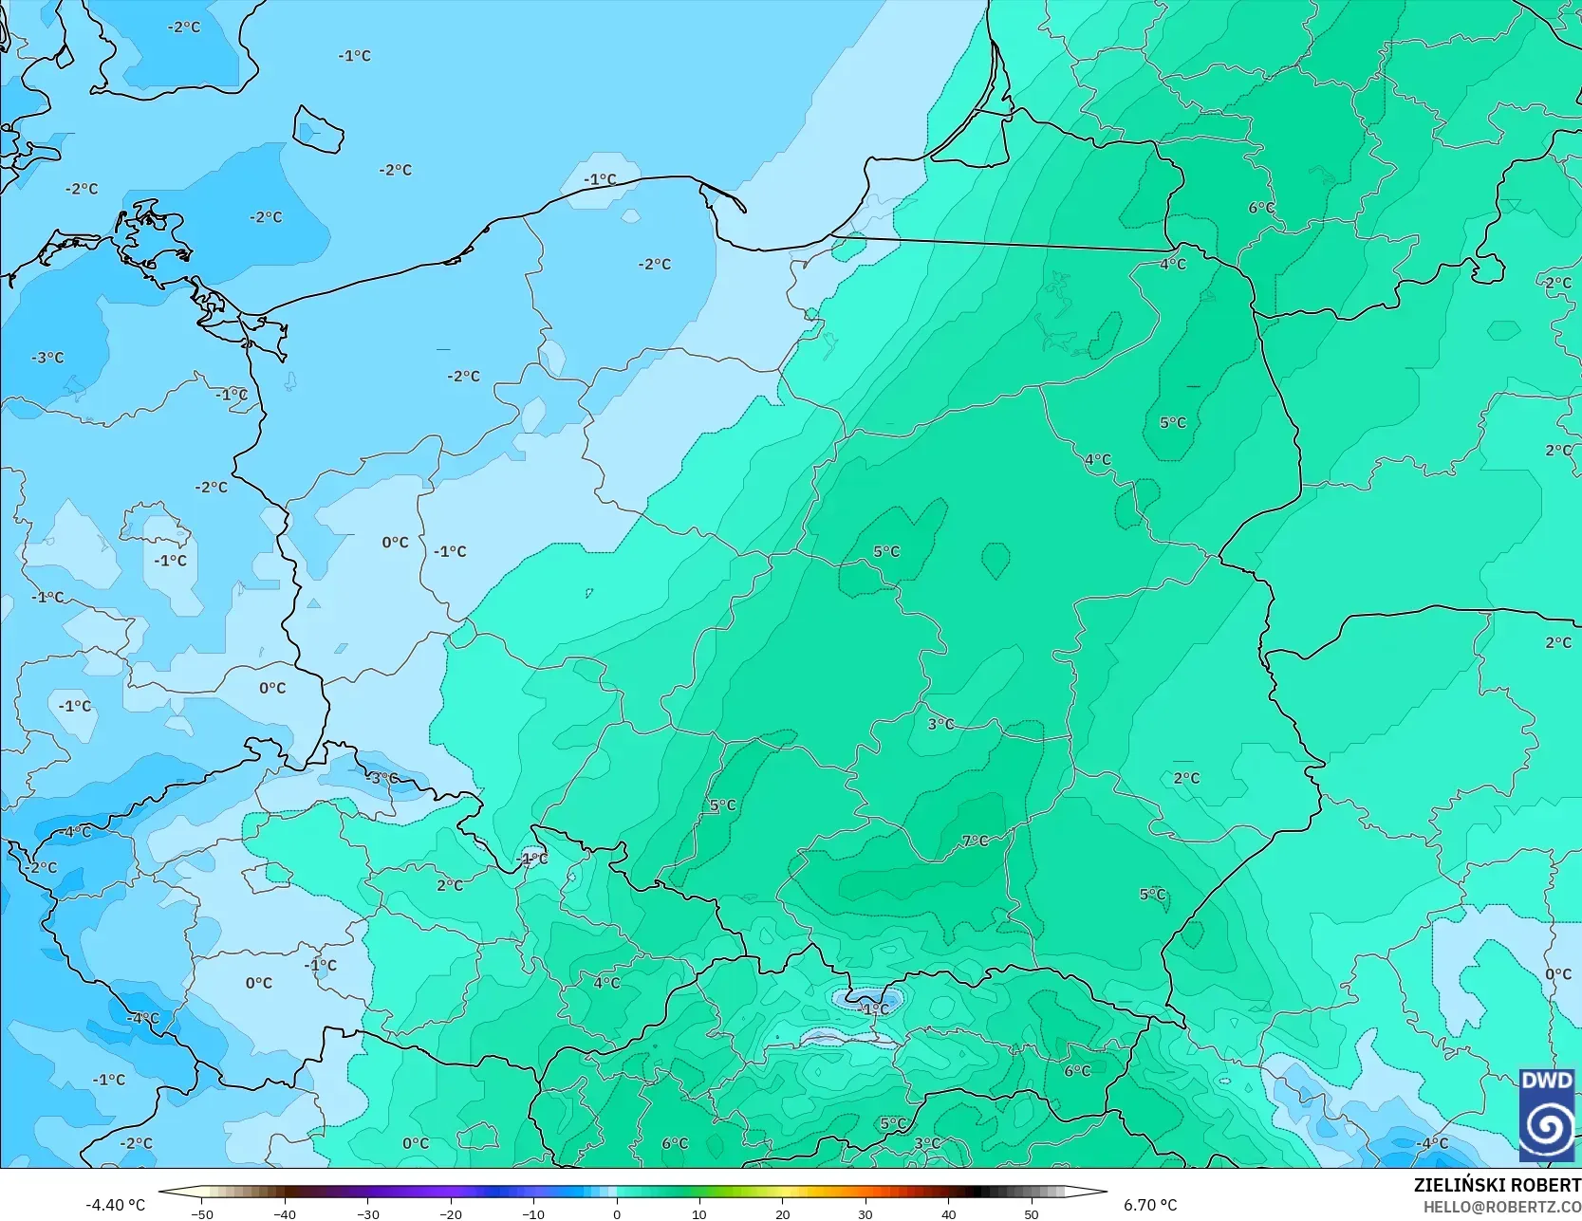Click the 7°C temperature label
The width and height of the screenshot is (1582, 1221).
coord(975,841)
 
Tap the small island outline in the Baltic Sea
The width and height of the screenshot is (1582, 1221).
coord(316,129)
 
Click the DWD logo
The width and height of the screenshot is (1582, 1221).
coord(1547,1114)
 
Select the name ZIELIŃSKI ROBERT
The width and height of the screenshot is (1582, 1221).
coord(1497,1185)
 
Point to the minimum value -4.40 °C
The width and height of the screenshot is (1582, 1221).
coord(115,1205)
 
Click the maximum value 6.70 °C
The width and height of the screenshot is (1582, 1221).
coord(1150,1205)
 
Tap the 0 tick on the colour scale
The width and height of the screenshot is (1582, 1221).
coord(617,1213)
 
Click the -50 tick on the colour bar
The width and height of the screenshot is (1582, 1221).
coord(201,1213)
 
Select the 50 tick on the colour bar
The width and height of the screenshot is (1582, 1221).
coord(1032,1213)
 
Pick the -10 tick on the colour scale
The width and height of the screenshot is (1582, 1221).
coord(533,1213)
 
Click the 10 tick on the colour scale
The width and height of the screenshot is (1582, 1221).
coord(699,1213)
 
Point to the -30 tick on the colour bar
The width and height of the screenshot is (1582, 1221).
coord(367,1213)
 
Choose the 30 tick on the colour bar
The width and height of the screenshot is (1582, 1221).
coord(865,1213)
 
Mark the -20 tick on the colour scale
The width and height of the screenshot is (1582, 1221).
coord(451,1213)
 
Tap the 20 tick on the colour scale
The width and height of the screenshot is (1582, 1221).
coord(783,1213)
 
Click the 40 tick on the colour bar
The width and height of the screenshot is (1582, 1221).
coord(949,1213)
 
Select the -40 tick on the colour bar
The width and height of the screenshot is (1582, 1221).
coord(285,1213)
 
